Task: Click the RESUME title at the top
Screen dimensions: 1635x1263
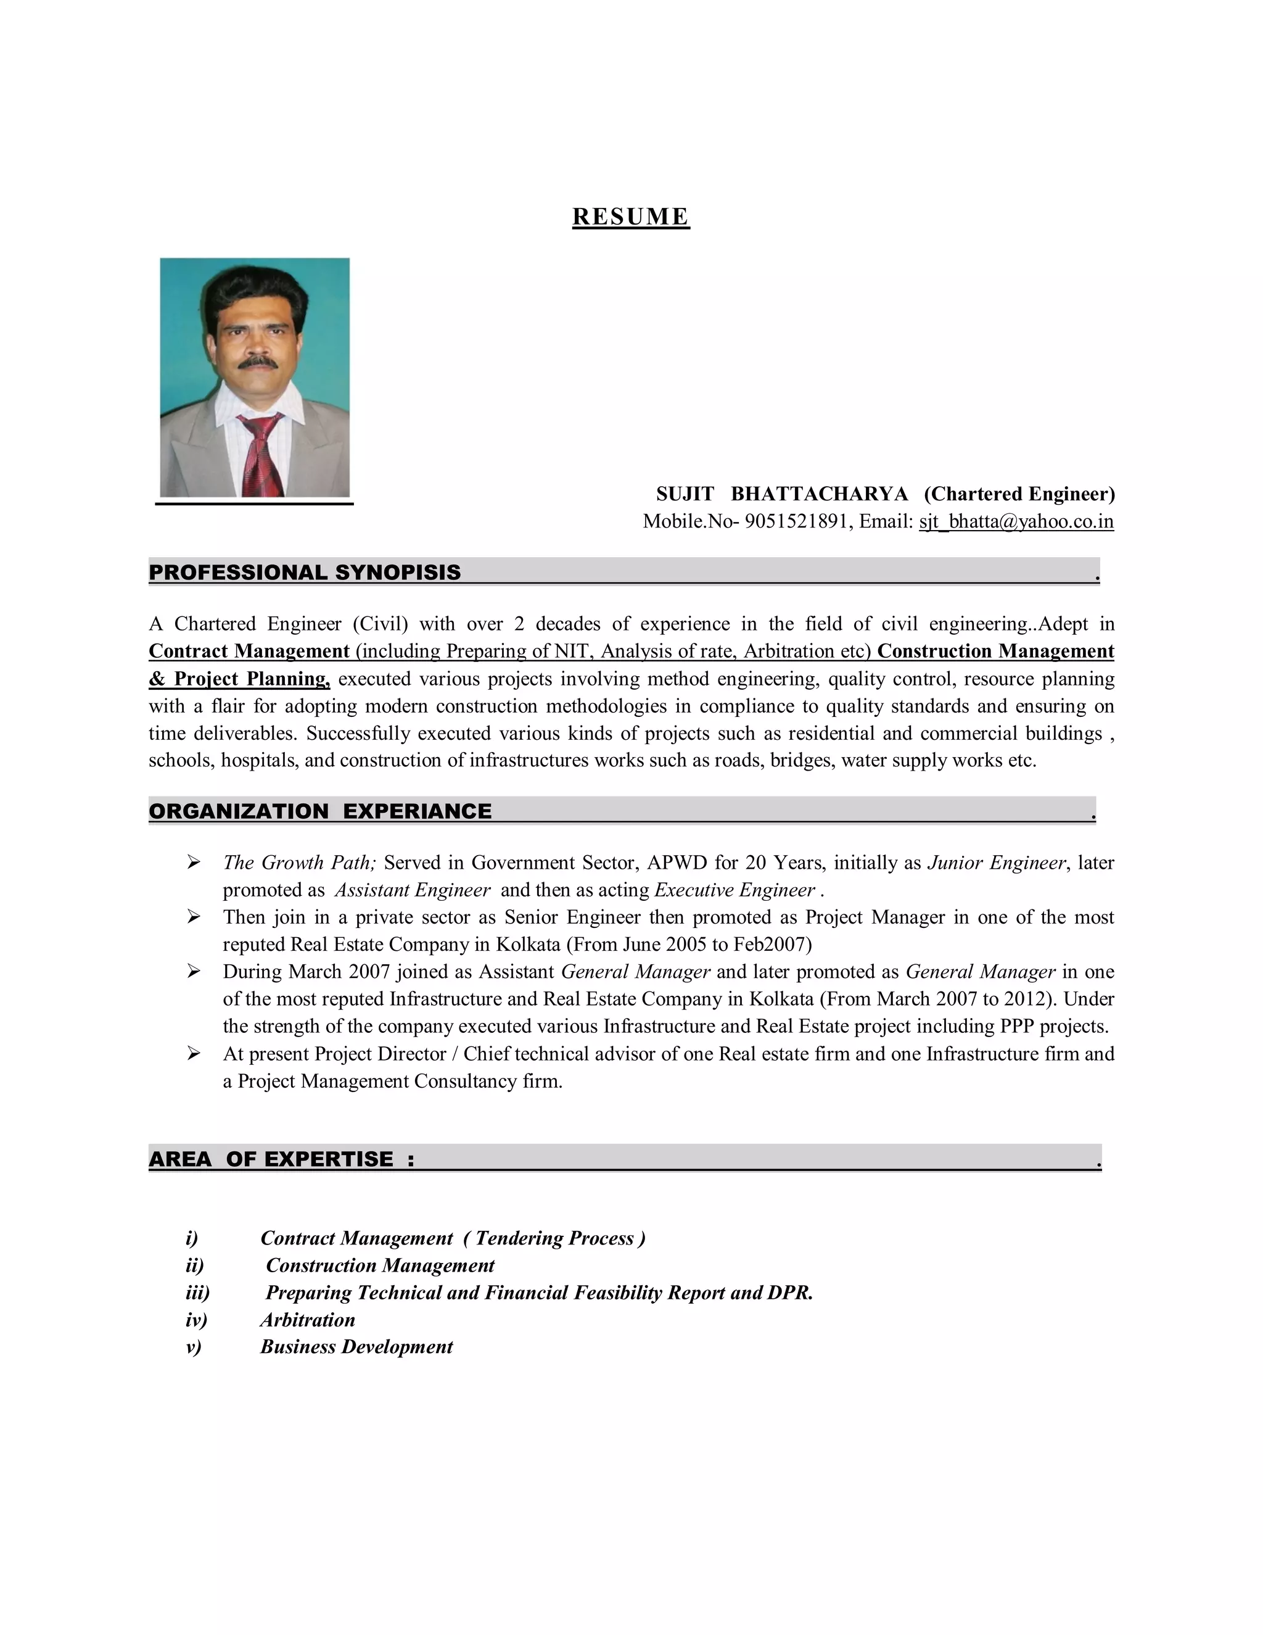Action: click(x=631, y=217)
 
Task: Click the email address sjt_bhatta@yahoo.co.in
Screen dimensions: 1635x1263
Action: click(x=1016, y=522)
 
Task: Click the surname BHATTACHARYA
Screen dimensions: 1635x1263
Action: click(x=820, y=494)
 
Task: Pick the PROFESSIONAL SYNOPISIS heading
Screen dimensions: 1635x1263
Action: click(x=305, y=573)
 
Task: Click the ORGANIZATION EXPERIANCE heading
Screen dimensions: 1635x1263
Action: click(x=320, y=811)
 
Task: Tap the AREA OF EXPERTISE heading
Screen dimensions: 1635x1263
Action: click(x=281, y=1160)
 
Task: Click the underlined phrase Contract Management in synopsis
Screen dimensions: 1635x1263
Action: click(x=249, y=652)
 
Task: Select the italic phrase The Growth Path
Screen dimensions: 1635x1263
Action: click(x=298, y=863)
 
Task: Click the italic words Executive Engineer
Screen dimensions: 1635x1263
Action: click(x=734, y=890)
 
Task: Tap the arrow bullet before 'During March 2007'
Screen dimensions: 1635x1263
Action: click(x=194, y=972)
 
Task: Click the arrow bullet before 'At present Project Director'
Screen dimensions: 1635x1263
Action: click(x=194, y=1054)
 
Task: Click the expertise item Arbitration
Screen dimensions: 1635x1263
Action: click(x=308, y=1320)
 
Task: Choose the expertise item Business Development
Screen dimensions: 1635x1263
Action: click(x=356, y=1347)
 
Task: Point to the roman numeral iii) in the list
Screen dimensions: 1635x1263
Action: click(x=197, y=1293)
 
